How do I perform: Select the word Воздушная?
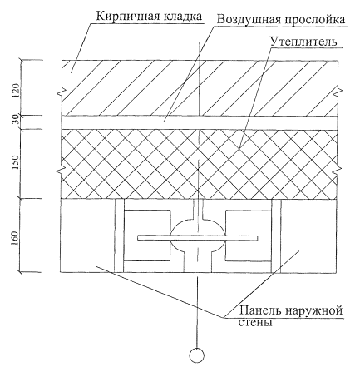(248, 20)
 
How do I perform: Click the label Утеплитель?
(303, 42)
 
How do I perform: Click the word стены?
(255, 322)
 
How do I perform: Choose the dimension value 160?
(16, 239)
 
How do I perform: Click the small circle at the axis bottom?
(197, 355)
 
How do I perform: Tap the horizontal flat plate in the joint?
(198, 238)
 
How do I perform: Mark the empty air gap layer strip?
(199, 122)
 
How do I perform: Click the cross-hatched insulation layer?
(199, 164)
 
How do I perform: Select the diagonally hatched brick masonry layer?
(199, 87)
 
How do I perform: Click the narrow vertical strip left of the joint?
(119, 236)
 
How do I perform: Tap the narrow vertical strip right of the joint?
(276, 236)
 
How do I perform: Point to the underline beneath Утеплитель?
(307, 48)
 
